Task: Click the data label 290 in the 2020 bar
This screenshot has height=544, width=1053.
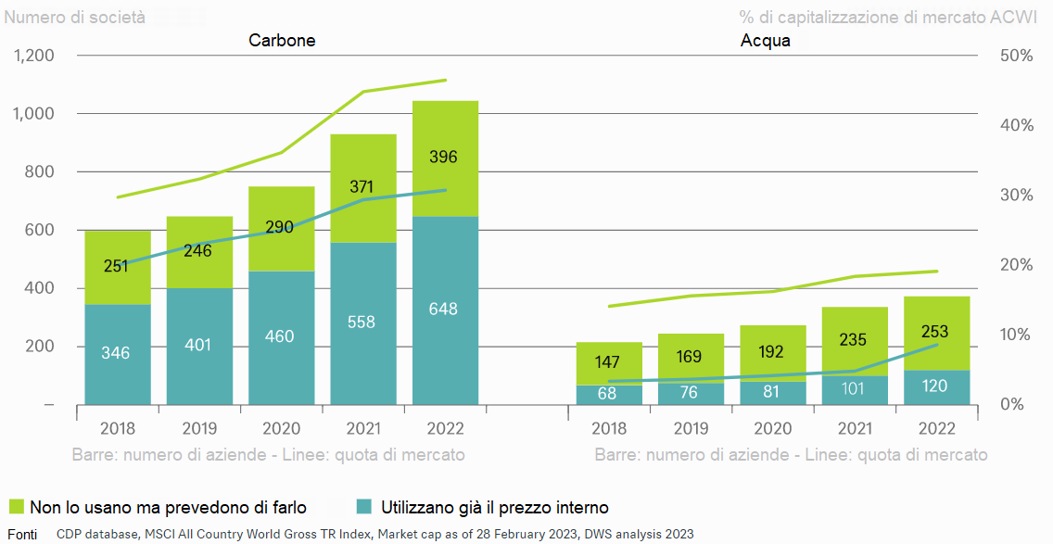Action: pyautogui.click(x=280, y=226)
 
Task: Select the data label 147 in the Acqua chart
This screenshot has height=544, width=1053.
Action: pyautogui.click(x=609, y=362)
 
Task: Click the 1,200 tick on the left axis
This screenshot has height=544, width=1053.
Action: pyautogui.click(x=34, y=56)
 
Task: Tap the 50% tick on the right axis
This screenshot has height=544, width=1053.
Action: pyautogui.click(x=1017, y=56)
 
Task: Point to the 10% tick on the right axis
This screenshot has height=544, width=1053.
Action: pyautogui.click(x=1017, y=335)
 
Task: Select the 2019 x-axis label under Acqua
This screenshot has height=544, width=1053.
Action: pyautogui.click(x=691, y=429)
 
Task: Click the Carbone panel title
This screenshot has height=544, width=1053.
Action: pyautogui.click(x=282, y=41)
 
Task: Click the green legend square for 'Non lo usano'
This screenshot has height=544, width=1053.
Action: pyautogui.click(x=15, y=507)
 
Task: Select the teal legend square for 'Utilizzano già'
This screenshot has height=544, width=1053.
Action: pyautogui.click(x=365, y=507)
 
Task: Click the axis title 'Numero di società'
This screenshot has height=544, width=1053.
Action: pyautogui.click(x=75, y=18)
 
